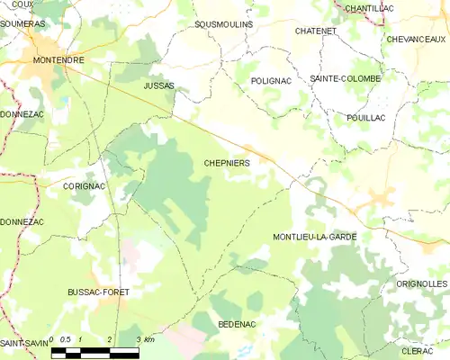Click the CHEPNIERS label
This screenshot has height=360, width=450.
point(226,163)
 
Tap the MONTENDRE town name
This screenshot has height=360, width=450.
point(58,60)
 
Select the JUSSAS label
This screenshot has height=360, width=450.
point(159,85)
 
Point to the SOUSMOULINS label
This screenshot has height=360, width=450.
point(223,24)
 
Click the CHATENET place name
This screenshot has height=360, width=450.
point(315,31)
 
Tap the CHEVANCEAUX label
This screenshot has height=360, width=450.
point(416,40)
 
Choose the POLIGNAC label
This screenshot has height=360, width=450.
point(272,80)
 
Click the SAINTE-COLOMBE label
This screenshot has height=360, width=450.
point(346,79)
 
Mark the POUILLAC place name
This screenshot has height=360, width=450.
point(366,118)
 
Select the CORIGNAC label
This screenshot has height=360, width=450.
point(85,185)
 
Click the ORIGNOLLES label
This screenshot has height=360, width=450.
point(421,283)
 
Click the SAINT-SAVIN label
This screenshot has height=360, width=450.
point(23,345)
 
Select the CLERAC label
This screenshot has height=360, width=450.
point(418,350)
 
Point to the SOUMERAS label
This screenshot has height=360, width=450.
point(23,24)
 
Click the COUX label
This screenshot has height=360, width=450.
point(23,4)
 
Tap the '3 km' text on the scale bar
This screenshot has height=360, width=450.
point(144,339)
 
